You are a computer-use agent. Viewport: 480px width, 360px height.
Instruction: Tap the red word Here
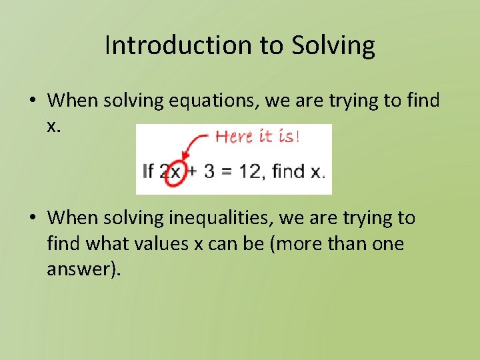[233, 137]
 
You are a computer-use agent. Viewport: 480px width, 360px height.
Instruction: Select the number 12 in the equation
[251, 171]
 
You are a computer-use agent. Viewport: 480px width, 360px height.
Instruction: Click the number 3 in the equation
[209, 171]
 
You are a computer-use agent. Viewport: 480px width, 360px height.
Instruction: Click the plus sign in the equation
[193, 171]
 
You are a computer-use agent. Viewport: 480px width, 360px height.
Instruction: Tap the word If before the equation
[149, 171]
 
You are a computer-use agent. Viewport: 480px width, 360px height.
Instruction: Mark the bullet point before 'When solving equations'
[33, 101]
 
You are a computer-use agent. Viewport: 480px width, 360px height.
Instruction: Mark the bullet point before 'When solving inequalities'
[33, 218]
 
